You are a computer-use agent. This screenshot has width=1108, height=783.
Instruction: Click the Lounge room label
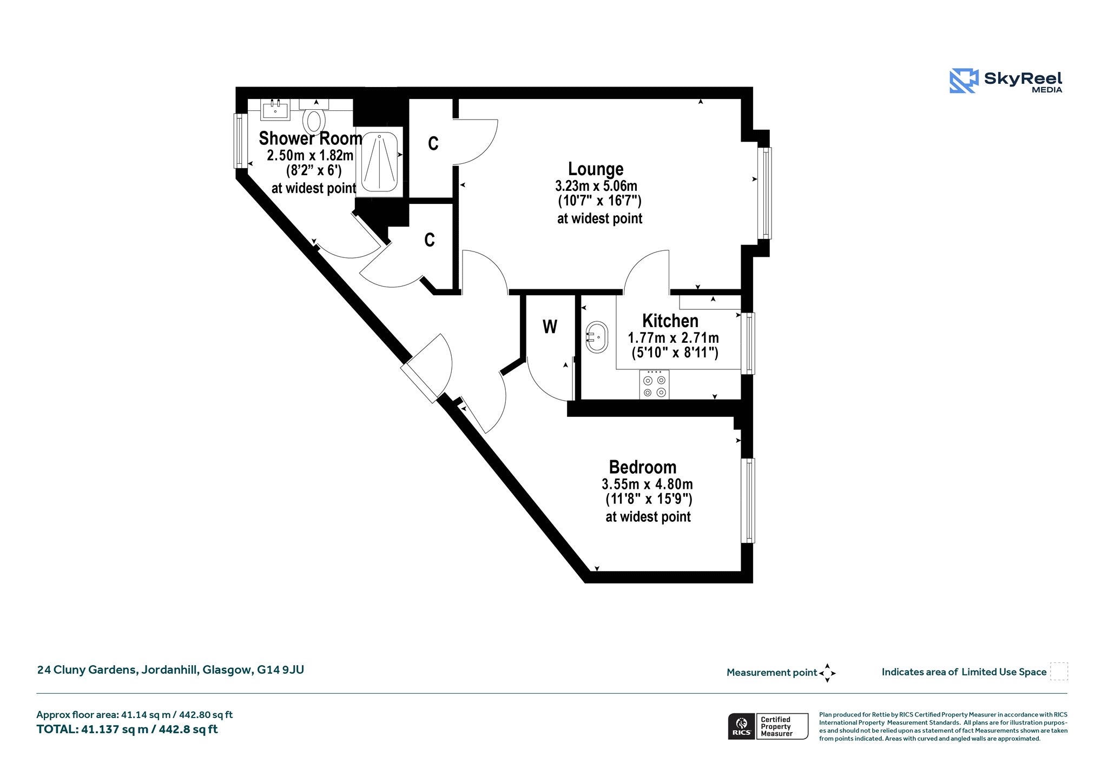coord(596,169)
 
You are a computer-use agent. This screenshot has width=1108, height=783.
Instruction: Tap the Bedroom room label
coord(643,467)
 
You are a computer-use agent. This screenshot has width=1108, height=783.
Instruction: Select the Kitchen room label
coord(670,321)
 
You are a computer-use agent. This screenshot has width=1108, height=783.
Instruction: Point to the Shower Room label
coord(311,138)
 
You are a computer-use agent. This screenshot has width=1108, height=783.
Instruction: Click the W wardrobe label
coord(550,327)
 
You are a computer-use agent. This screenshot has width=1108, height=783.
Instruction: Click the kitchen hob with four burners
coord(654,384)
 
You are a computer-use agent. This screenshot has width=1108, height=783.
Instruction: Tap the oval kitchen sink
coord(597,337)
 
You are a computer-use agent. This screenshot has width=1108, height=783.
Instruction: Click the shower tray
coord(380,162)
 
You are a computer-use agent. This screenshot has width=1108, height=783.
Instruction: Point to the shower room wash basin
coord(276,109)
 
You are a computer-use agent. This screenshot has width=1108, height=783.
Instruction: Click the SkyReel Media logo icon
coord(964,81)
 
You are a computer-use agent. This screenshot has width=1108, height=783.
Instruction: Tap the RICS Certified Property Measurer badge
coord(768,726)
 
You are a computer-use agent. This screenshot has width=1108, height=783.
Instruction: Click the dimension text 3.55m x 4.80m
coord(647,484)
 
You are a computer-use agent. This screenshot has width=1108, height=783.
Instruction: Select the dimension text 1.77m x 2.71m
coord(673,338)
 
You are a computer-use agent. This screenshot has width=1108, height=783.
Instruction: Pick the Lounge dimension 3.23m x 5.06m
coord(596,186)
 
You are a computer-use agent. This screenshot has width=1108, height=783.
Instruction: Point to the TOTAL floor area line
coord(127,729)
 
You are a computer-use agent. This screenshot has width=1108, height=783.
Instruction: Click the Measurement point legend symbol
coord(827,673)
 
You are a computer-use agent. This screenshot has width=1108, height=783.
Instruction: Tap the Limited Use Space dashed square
coord(1059,672)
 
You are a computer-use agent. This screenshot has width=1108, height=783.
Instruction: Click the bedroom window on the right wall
coord(748,501)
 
